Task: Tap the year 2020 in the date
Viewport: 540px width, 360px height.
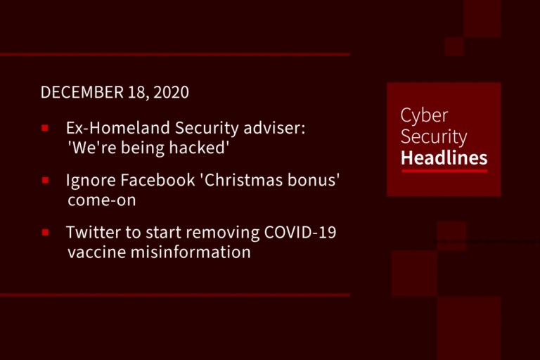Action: coord(171,93)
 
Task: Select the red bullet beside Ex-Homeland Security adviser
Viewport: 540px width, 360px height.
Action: coord(44,128)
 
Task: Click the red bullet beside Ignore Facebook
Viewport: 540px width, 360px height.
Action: coord(44,180)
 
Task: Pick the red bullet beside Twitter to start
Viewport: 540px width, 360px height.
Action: coord(44,232)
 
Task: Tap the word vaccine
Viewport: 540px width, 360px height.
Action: coord(96,252)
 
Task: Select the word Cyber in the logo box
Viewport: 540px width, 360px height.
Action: coord(424,116)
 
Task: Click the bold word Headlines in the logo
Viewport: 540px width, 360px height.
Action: coord(444,157)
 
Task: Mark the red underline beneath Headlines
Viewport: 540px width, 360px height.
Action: coord(444,171)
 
